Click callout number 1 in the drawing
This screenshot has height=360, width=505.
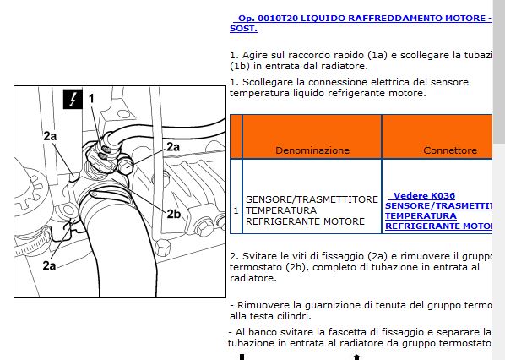click(91, 100)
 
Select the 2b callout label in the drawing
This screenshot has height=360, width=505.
click(173, 214)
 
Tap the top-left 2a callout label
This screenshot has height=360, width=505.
click(50, 135)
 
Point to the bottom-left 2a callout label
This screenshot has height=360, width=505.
click(50, 265)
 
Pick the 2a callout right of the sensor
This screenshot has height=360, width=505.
click(173, 146)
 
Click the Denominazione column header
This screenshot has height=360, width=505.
click(312, 150)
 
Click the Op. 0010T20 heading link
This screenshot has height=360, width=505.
click(359, 18)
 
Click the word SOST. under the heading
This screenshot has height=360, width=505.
click(245, 29)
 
